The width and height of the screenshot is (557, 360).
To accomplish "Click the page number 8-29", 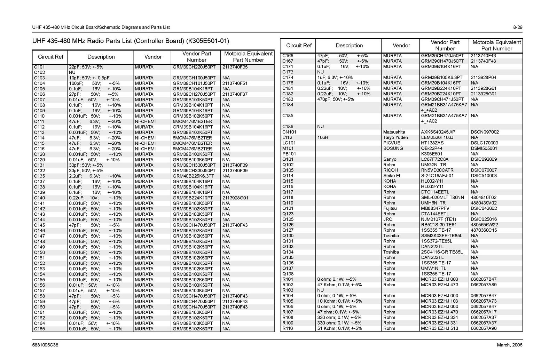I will point(517,27).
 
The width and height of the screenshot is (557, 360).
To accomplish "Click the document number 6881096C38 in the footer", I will point(45,345).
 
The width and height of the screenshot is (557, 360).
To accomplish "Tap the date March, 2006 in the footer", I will point(510,345).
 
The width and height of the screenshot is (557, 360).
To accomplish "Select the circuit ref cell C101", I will point(39,67).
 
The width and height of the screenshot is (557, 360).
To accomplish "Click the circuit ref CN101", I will point(289,132).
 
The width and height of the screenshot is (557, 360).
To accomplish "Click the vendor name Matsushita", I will point(394,132).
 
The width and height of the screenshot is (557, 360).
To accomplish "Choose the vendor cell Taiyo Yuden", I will point(395,137).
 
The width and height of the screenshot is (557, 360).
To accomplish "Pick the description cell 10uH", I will point(323,137).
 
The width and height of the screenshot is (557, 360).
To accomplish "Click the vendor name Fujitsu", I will point(390,208).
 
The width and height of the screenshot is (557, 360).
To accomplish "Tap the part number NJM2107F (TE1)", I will point(438,219).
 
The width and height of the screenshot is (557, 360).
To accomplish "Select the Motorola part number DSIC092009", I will point(484,159).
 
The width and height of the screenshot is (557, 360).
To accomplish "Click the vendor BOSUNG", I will point(393,148).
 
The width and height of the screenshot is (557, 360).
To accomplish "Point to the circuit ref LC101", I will point(289,143).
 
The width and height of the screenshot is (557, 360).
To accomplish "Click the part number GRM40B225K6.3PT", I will point(193,176).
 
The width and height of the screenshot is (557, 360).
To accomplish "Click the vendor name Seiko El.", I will point(392,176).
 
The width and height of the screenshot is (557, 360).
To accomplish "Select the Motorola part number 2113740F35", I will point(235,67).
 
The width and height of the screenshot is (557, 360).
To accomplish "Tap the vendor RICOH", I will point(391,170).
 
